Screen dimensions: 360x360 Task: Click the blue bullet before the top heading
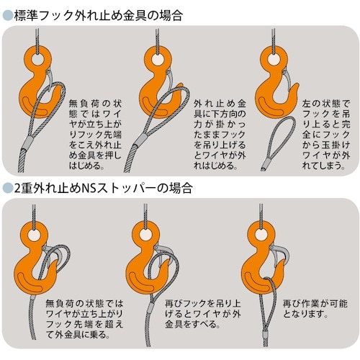(x=7, y=16)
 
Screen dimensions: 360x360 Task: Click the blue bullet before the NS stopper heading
(x=7, y=188)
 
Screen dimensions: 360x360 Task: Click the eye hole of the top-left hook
(x=37, y=58)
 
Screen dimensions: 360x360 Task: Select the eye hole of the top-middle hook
(x=158, y=59)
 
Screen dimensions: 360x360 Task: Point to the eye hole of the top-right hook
(x=274, y=59)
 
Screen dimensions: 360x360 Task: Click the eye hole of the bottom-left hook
(x=34, y=235)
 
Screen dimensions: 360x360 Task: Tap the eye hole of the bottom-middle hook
(x=146, y=235)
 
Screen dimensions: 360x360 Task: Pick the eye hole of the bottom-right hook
(x=262, y=234)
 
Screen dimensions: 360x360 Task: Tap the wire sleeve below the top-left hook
(x=27, y=143)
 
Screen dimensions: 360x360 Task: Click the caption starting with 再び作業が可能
(x=315, y=309)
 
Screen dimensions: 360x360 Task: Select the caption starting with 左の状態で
(x=326, y=135)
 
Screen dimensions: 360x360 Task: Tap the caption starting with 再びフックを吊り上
(x=203, y=314)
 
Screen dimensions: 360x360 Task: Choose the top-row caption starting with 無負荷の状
(x=95, y=135)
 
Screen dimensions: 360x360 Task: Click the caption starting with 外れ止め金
(x=220, y=135)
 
